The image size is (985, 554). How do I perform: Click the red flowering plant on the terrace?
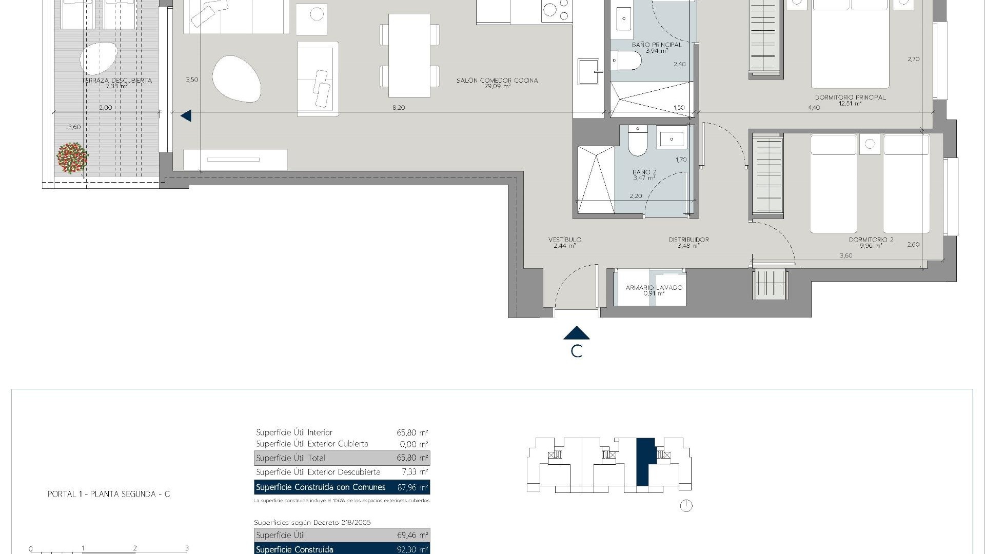point(72,158)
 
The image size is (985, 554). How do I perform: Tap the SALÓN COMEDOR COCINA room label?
point(497,81)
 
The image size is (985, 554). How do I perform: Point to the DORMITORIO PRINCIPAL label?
point(850,97)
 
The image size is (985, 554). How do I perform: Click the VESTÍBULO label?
point(564,240)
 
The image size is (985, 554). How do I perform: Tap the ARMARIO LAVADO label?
point(654,288)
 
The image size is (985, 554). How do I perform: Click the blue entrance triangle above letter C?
point(576,333)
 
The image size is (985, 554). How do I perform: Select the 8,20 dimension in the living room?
point(398,108)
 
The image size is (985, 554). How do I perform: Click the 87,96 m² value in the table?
point(412,487)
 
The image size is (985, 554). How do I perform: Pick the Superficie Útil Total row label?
point(290,458)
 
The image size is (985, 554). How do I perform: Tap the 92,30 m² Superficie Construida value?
point(412,549)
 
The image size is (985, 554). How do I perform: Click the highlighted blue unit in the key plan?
point(645,462)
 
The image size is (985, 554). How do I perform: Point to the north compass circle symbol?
point(686,506)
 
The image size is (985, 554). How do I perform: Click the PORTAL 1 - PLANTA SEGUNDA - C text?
point(109,494)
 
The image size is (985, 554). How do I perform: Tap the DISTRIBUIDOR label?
point(688,240)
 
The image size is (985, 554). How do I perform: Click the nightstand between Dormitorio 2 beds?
point(870,144)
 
